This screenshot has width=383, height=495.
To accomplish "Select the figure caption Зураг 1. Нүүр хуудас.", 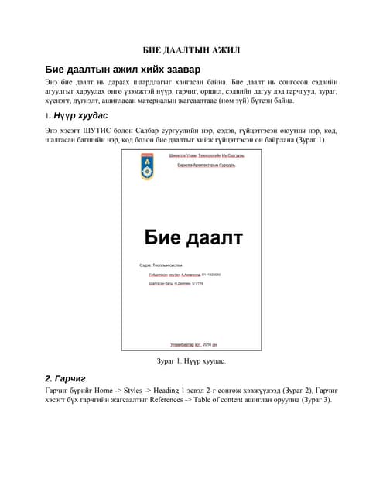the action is pos(191,360).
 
